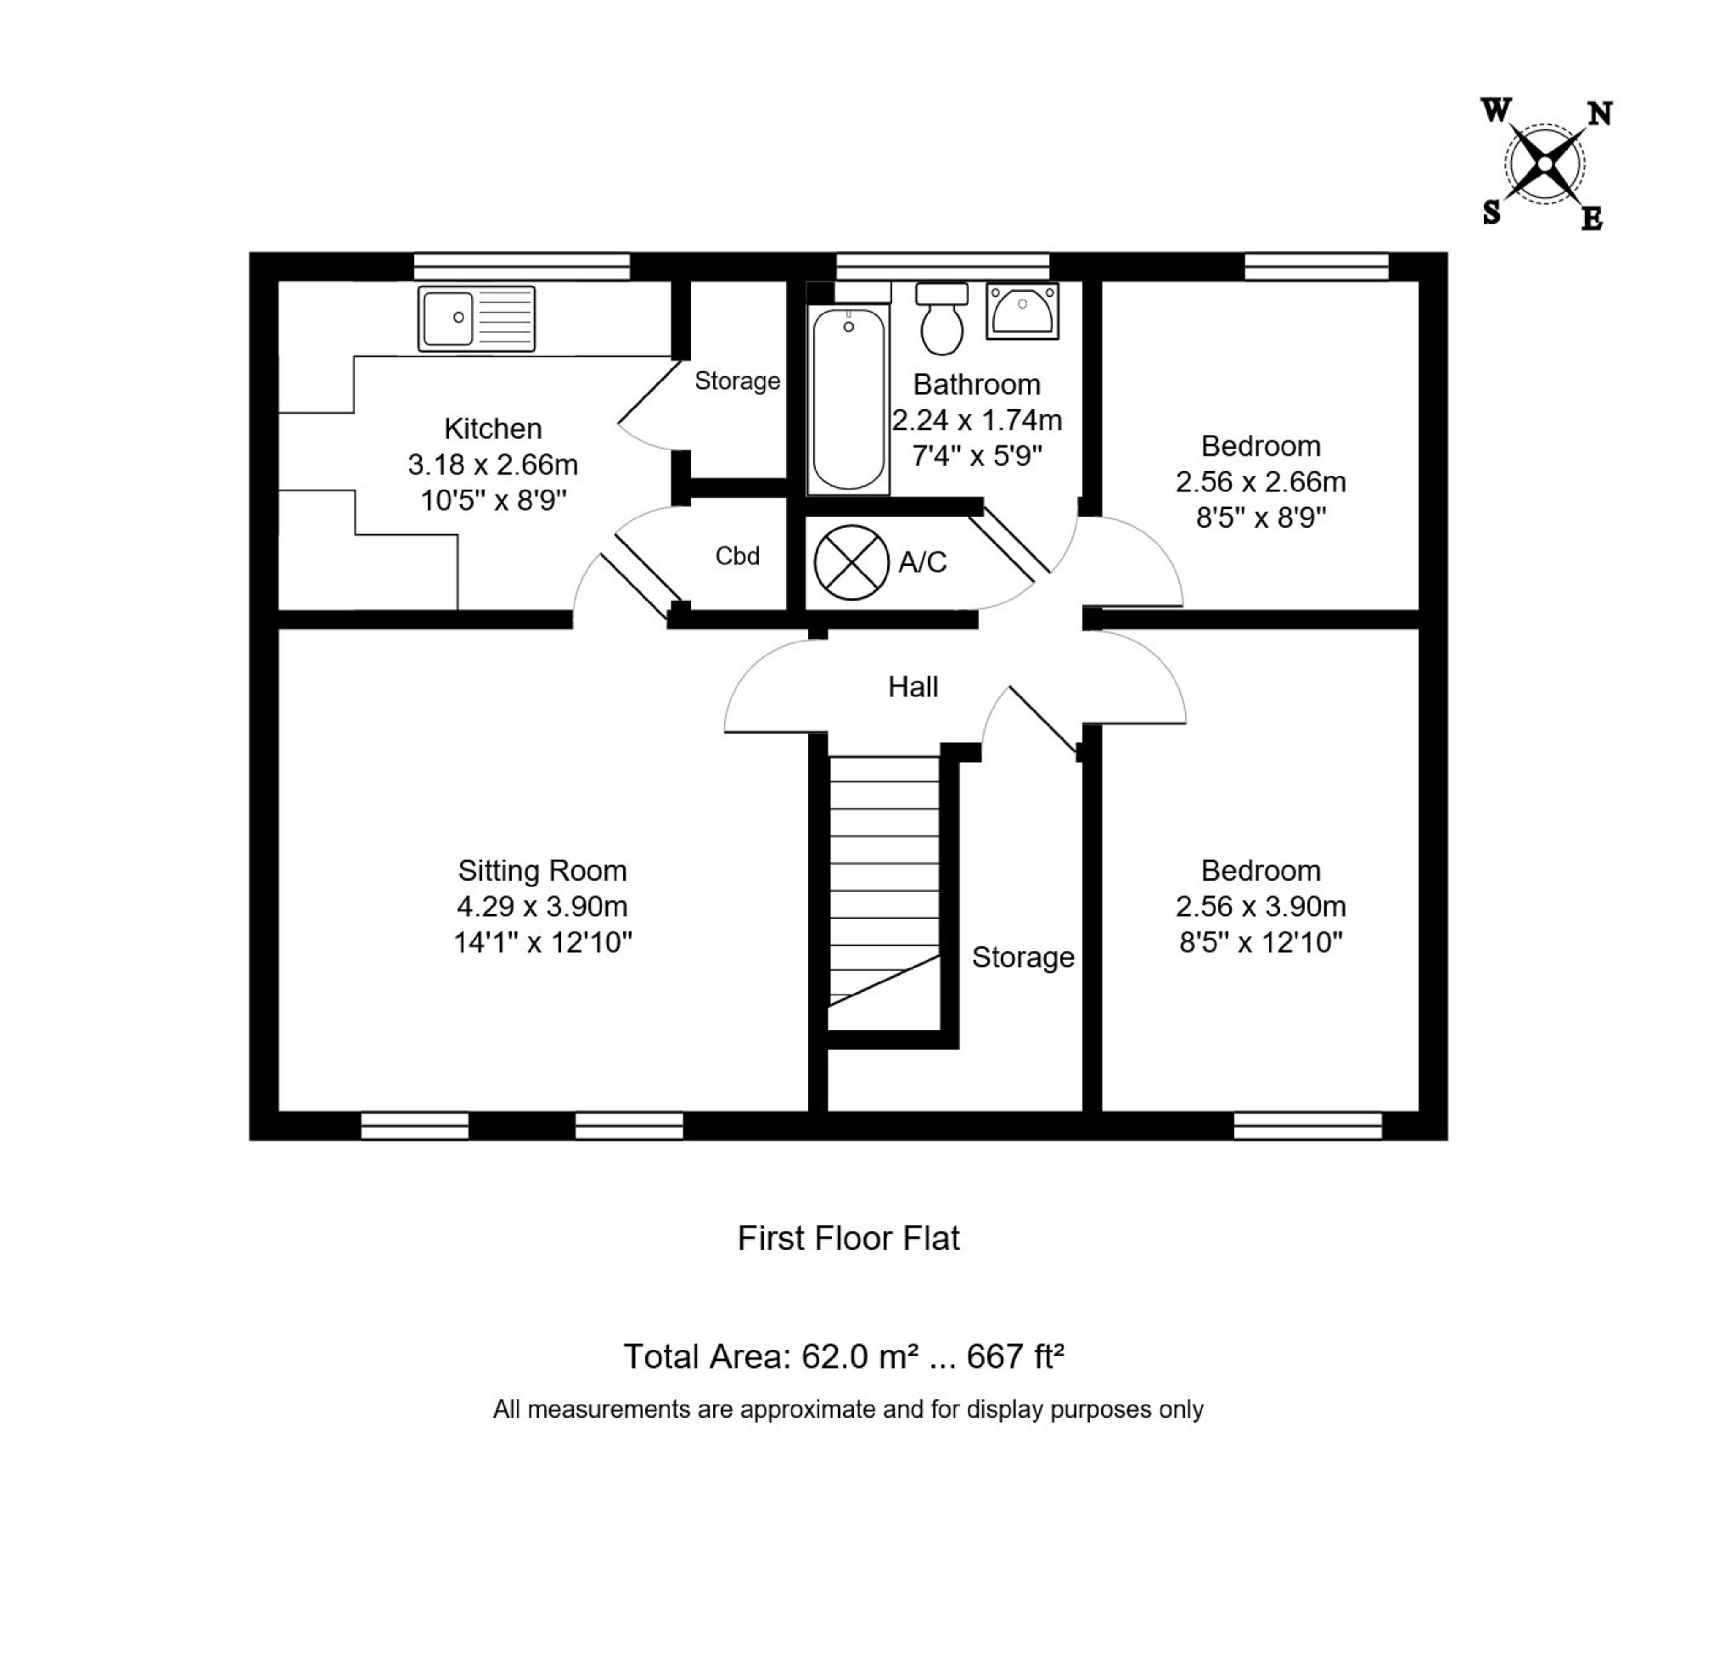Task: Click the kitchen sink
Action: pyautogui.click(x=476, y=319)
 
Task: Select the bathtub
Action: pyautogui.click(x=848, y=399)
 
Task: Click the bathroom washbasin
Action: pyautogui.click(x=1022, y=311)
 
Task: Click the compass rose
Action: pyautogui.click(x=1544, y=164)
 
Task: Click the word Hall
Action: pyautogui.click(x=913, y=686)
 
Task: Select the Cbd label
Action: pyautogui.click(x=737, y=556)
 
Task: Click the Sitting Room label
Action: pyautogui.click(x=542, y=871)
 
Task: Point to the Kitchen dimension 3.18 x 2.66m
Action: pyautogui.click(x=493, y=464)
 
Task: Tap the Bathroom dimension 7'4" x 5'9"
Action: pyautogui.click(x=977, y=456)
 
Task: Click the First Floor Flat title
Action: pyautogui.click(x=848, y=1238)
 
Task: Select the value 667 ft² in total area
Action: pyautogui.click(x=1015, y=1356)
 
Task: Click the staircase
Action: pyautogui.click(x=884, y=894)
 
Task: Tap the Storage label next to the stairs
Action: pyautogui.click(x=1023, y=956)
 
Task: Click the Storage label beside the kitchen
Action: pyautogui.click(x=737, y=380)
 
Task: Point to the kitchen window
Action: pyautogui.click(x=522, y=266)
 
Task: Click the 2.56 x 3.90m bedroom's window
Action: pyautogui.click(x=1307, y=1126)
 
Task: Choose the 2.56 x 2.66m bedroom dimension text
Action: pyautogui.click(x=1261, y=481)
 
